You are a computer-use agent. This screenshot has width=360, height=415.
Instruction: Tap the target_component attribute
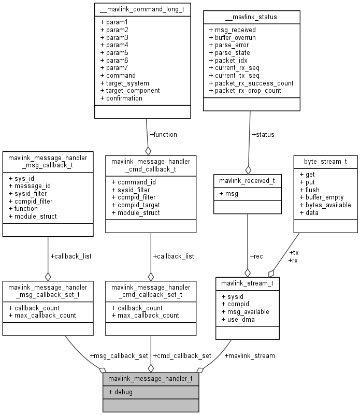click(129, 90)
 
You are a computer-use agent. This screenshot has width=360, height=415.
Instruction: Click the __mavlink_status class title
click(251, 17)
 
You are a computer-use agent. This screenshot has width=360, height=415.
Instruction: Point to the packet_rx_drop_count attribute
click(244, 90)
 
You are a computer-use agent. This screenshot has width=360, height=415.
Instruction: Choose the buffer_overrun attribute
click(232, 37)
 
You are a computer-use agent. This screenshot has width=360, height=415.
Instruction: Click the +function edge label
click(163, 134)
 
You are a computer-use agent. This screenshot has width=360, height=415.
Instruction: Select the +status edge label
click(263, 135)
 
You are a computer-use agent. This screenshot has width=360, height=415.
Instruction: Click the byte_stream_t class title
click(325, 161)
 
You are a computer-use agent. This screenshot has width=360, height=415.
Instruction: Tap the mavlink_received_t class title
click(248, 181)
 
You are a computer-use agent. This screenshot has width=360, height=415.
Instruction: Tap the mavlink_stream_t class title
click(248, 283)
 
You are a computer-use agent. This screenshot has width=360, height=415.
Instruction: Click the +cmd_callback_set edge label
click(182, 356)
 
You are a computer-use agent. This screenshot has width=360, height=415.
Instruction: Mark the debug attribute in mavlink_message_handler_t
click(120, 392)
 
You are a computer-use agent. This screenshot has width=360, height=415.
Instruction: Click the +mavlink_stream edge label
click(250, 355)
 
